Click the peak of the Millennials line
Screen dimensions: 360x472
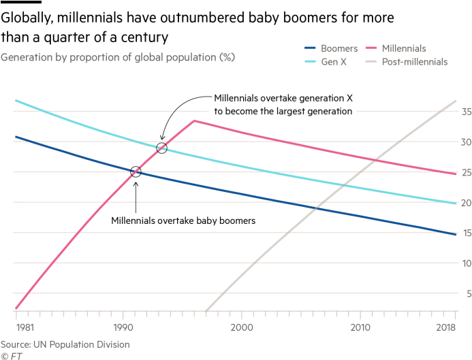point(194,120)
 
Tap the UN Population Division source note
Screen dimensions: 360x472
point(65,344)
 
